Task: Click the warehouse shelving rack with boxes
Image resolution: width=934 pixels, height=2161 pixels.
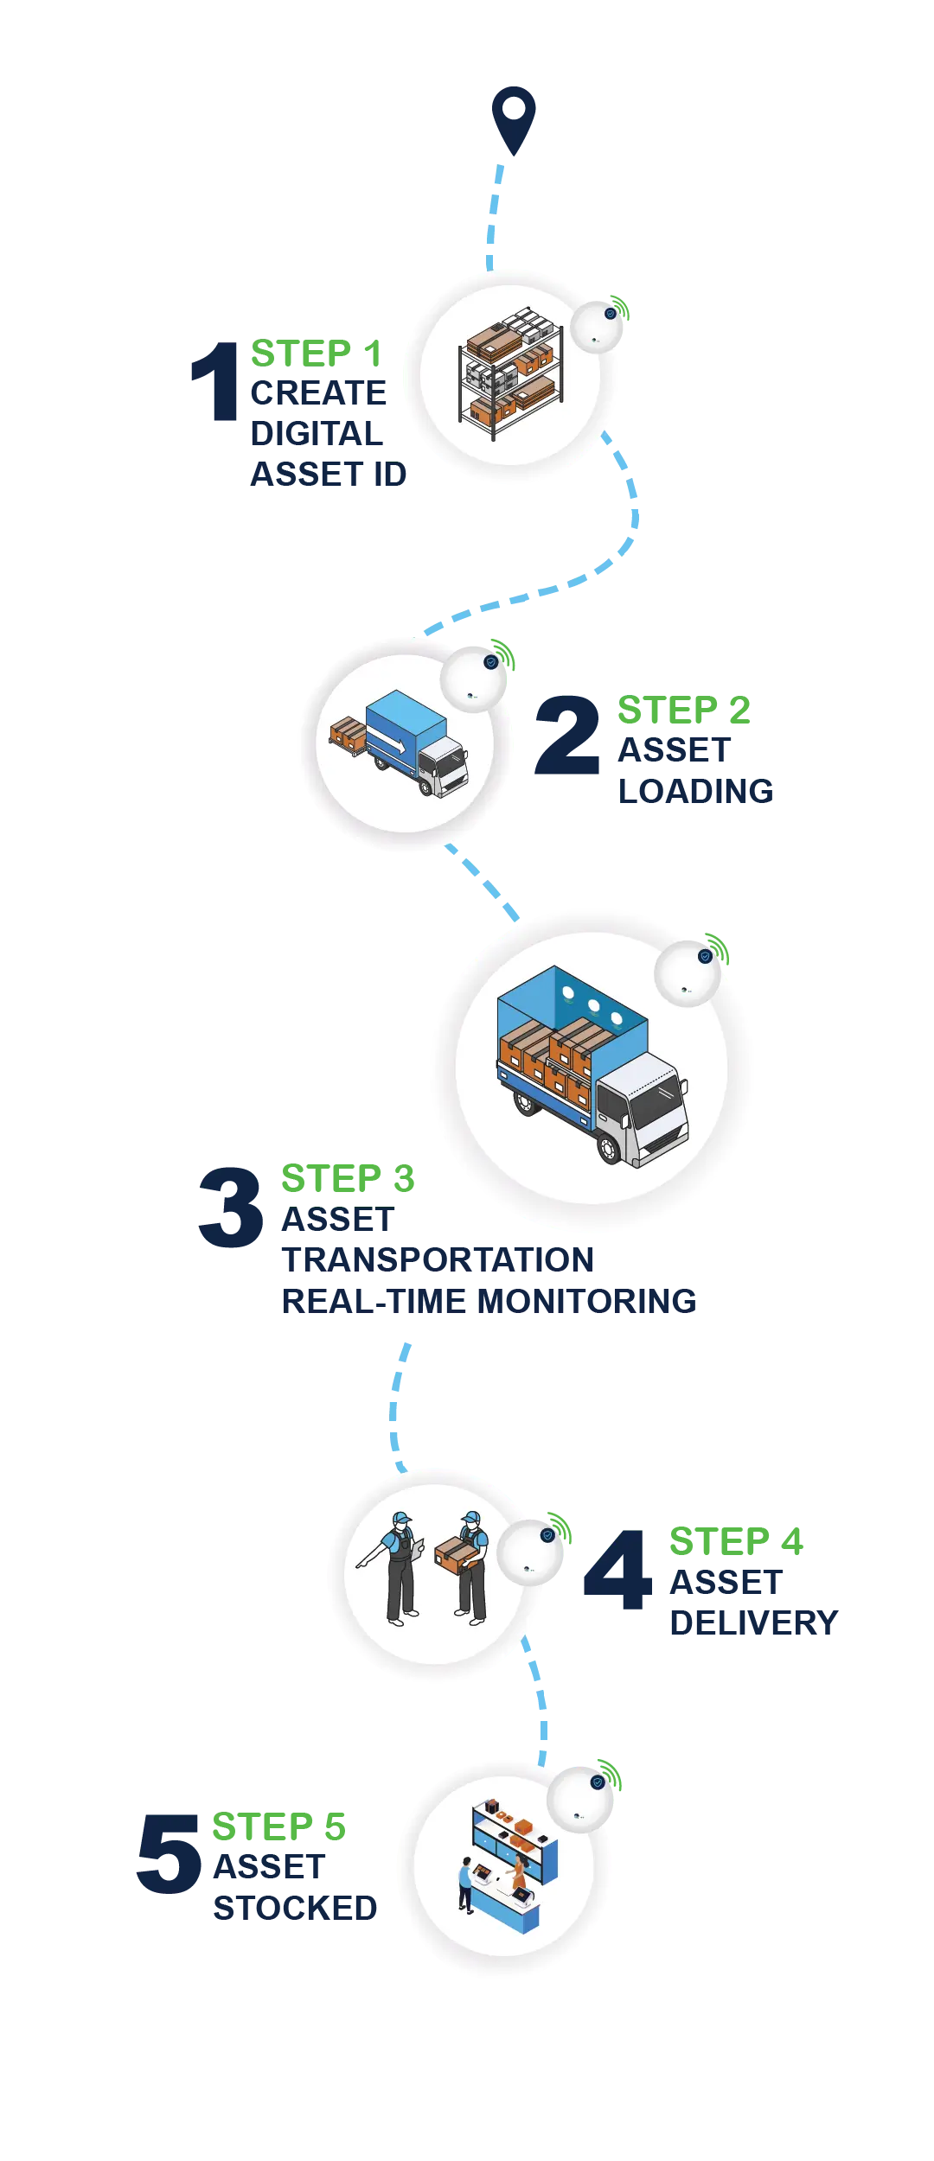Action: point(510,372)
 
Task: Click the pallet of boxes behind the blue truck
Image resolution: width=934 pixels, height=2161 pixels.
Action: point(348,735)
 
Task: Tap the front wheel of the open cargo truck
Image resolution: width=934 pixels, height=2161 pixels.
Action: point(610,1146)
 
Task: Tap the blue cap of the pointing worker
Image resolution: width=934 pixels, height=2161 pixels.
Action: point(401,1518)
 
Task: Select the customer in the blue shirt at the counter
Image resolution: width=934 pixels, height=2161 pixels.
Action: point(466,1884)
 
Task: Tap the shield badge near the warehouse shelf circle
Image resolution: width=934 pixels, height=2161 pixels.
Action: point(611,313)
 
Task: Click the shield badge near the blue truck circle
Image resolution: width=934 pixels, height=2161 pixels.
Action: point(490,662)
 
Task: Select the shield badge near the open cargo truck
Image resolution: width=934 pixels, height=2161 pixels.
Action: point(705,956)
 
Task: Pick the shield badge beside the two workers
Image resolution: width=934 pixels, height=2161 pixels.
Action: point(547,1535)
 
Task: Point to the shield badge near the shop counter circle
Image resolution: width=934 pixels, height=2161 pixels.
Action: point(598,1782)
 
